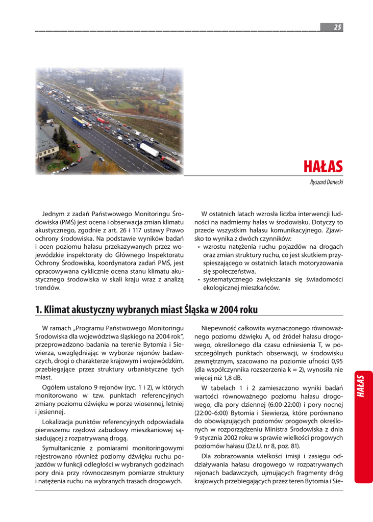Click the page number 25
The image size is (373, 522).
coord(337,28)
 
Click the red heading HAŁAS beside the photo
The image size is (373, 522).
coord(323,167)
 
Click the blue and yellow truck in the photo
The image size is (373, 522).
coord(79,122)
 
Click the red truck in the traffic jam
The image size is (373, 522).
coord(101,120)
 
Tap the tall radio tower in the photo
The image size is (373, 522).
coord(162,77)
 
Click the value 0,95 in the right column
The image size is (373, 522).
coord(335,360)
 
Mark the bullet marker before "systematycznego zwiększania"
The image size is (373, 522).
coord(198,280)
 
